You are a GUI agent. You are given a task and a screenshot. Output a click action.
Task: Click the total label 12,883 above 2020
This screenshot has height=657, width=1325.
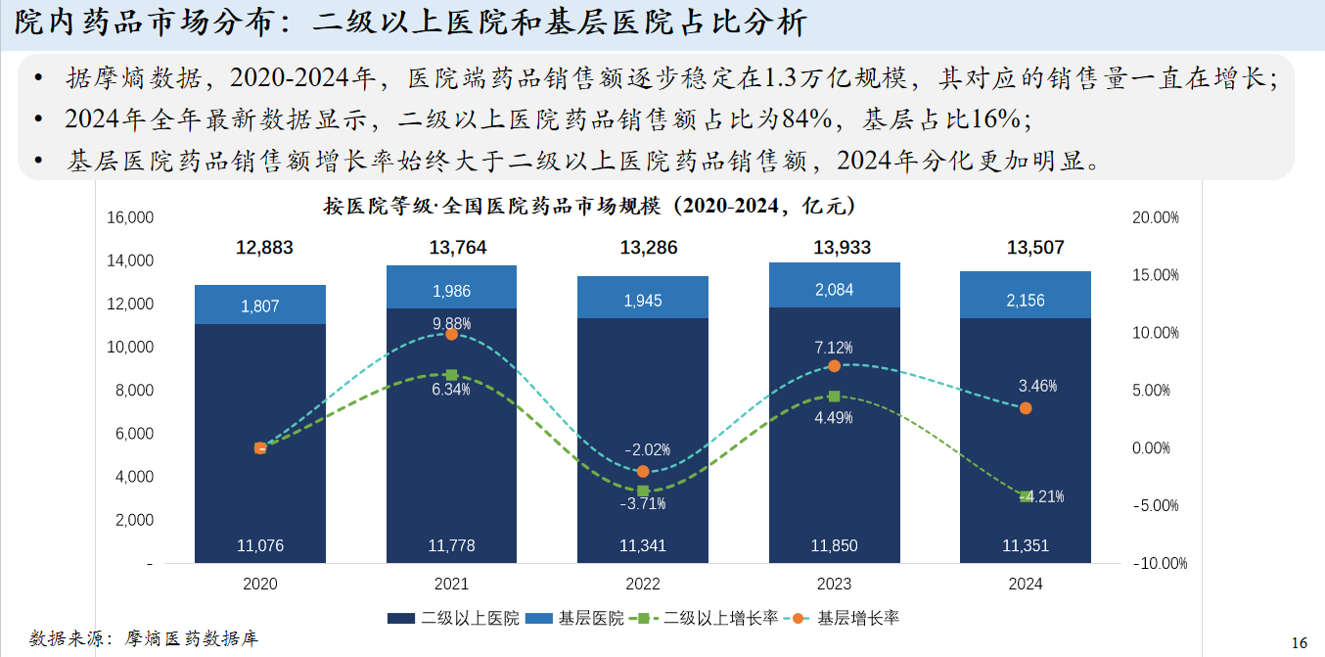pos(264,248)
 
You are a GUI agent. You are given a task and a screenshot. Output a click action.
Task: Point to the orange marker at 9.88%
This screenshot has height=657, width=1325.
pos(451,334)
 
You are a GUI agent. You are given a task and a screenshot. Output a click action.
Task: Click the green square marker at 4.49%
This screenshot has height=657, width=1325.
pos(834,397)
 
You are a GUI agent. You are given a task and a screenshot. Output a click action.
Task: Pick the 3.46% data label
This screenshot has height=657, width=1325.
pos(1037,386)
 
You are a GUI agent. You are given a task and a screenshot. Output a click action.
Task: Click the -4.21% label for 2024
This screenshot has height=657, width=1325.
pos(1043,496)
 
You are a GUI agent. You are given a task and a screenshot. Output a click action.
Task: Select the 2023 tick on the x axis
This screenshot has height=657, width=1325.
pos(834,584)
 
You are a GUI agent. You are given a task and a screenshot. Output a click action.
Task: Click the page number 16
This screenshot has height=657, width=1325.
pos(1300,642)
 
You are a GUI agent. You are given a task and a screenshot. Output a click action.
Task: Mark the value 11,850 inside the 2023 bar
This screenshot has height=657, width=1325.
pos(834,545)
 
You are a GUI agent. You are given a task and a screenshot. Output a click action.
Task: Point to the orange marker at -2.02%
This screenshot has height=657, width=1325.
pos(643,472)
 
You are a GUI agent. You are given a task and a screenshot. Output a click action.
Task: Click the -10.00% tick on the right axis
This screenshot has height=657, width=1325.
pos(1159,564)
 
